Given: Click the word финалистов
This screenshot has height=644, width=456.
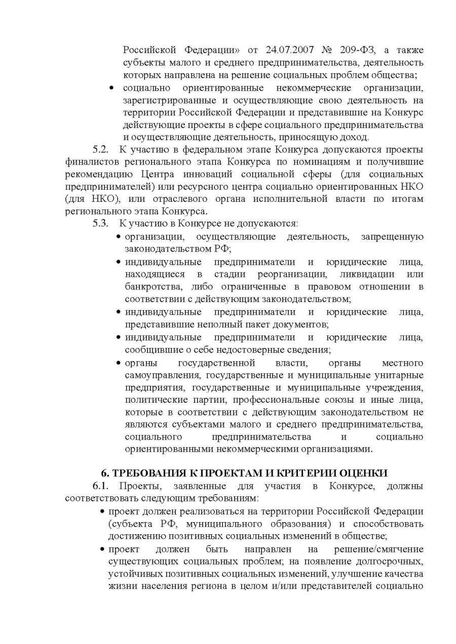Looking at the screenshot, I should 90,162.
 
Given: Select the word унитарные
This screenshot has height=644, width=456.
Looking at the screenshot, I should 400,375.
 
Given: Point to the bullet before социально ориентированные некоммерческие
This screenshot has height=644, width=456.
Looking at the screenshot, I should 112,88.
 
